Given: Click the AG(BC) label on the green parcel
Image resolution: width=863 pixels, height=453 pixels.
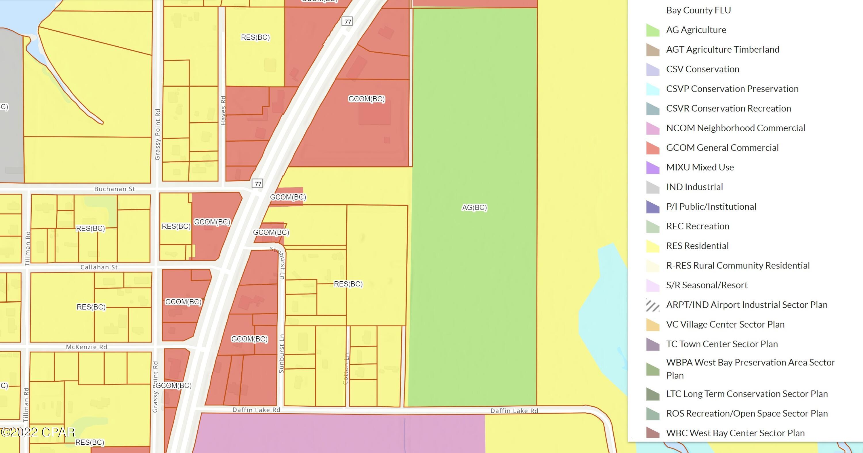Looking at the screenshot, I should tap(474, 208).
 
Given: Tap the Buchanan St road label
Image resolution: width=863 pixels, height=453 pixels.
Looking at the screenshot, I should tap(114, 189).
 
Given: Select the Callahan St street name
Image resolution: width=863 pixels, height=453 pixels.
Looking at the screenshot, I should tap(99, 267).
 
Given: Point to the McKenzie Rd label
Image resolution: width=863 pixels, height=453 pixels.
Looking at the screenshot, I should tap(86, 347).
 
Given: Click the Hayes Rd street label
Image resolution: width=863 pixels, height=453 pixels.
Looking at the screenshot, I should tap(224, 111).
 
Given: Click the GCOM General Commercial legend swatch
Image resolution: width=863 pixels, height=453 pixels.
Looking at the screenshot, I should tap(653, 148).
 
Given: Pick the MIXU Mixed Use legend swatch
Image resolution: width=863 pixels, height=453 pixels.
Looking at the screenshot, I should tap(653, 168).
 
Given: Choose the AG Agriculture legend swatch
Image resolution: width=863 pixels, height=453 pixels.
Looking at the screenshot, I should tap(653, 30).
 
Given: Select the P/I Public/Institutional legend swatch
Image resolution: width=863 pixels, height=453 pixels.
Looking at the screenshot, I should tap(653, 207).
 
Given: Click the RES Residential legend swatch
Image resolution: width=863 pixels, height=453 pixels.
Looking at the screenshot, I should tap(653, 246).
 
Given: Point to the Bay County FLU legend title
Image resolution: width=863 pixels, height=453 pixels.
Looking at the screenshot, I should tap(698, 10).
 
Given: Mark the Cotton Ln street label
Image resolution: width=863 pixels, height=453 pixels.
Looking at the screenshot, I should tap(346, 369).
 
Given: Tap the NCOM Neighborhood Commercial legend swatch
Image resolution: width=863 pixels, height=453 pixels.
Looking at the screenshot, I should tap(653, 128).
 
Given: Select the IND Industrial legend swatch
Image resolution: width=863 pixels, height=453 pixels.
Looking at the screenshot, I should tap(653, 187).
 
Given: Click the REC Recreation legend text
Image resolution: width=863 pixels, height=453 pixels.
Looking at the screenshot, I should tap(698, 226).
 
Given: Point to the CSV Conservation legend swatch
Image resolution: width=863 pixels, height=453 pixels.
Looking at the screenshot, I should tap(653, 69).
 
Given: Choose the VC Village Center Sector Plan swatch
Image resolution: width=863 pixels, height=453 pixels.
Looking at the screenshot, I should tap(653, 325).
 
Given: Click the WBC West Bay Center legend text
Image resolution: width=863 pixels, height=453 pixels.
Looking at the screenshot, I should tap(735, 433).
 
